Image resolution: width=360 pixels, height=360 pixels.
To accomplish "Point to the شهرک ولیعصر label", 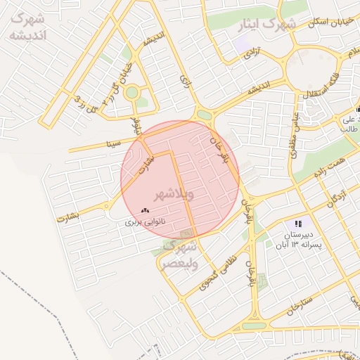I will [x=180, y=255].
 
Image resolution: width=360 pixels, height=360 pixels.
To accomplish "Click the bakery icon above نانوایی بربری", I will [x=146, y=210].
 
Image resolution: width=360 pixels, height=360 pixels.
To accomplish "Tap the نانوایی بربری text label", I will [x=145, y=221].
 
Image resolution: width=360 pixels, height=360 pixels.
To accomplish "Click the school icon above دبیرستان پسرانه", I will [x=299, y=223].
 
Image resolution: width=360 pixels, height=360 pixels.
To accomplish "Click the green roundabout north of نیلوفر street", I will [x=131, y=91].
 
